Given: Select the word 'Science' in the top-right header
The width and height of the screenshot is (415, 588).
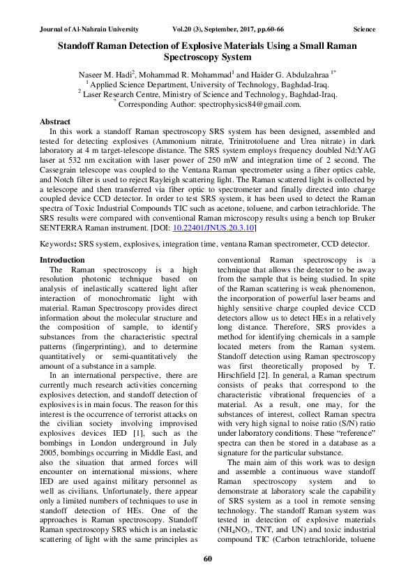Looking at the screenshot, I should coord(364,29).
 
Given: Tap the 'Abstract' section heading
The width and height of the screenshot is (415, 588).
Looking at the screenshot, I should coord(55,121).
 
